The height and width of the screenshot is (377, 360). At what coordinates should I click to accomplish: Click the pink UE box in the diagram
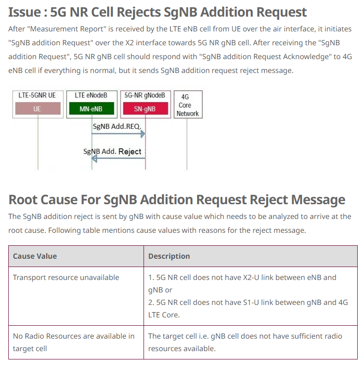coord(37,109)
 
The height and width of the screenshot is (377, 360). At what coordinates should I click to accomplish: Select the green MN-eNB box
coord(91,109)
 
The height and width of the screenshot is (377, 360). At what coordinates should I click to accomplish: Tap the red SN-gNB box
coord(145,109)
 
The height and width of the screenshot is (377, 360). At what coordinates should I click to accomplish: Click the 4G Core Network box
coord(187,105)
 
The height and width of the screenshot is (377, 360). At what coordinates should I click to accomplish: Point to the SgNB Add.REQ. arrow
coord(118,134)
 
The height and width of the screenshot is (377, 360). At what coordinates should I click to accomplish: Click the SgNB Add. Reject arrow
coord(118,158)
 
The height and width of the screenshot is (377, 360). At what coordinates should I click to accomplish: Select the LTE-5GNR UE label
coord(37,95)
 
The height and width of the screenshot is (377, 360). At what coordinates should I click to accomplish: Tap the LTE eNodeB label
coord(91,95)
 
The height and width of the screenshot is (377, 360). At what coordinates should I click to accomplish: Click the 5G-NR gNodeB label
coord(145,95)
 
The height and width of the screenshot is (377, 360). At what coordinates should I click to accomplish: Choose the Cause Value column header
coord(35,256)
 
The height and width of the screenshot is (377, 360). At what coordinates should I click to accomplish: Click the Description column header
coord(169,256)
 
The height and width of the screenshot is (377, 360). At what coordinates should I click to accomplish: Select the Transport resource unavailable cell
coord(66,277)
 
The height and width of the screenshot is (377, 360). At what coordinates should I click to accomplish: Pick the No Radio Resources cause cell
coord(74,342)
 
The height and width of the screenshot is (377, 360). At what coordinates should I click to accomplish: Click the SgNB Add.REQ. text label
coord(117,126)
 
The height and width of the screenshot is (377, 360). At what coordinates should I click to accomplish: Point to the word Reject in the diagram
coord(130,151)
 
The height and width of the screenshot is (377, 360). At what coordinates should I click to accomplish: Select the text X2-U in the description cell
coord(260,277)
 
